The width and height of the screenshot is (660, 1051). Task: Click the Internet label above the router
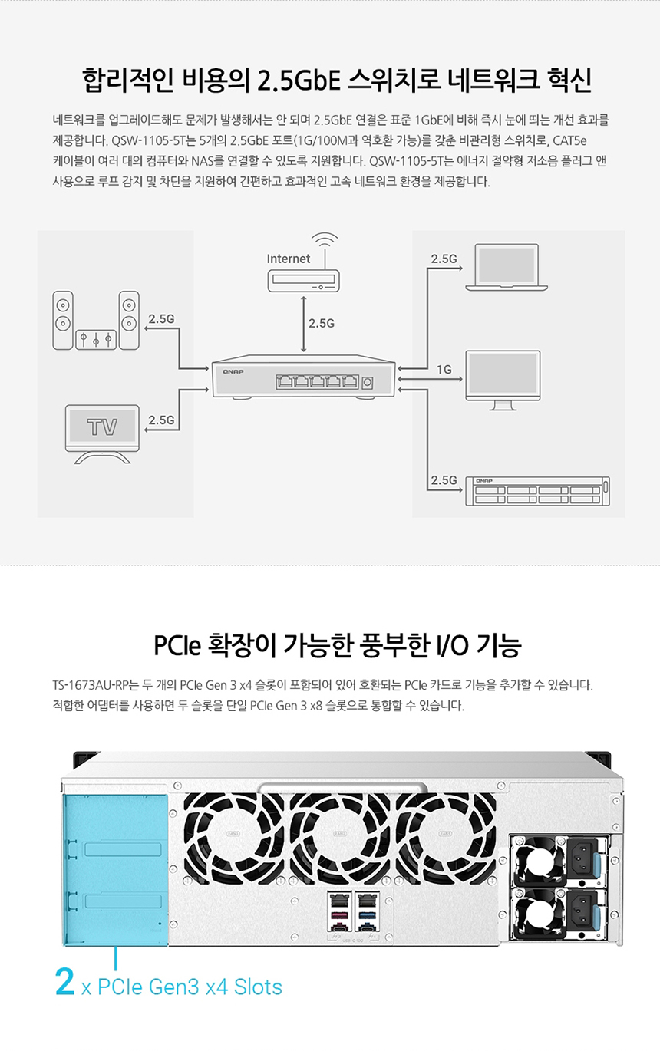pos(289,259)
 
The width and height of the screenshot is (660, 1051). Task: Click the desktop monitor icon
pos(503,379)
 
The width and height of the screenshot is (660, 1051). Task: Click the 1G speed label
pos(444,370)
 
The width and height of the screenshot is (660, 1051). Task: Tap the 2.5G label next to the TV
pos(161,420)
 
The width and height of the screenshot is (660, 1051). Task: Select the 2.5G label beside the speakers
pos(161,319)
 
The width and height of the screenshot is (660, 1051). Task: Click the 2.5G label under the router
pos(322,324)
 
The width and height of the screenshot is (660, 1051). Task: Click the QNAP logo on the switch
pos(233,371)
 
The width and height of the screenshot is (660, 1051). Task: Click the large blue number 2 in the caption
pos(64,982)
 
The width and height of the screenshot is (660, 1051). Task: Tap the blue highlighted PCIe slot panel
pos(114,868)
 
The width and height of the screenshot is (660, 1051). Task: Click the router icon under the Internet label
pos(303,282)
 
